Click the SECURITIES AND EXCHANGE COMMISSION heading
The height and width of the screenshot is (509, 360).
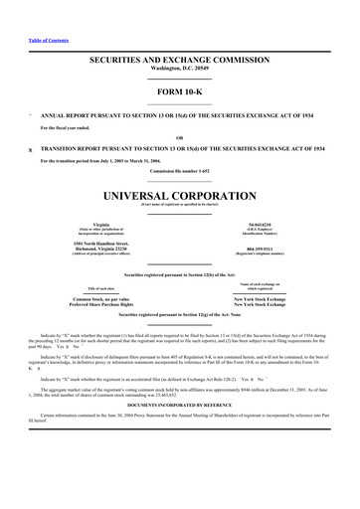pyautogui.click(x=179, y=61)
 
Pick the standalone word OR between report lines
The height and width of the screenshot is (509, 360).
pyautogui.click(x=179, y=137)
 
